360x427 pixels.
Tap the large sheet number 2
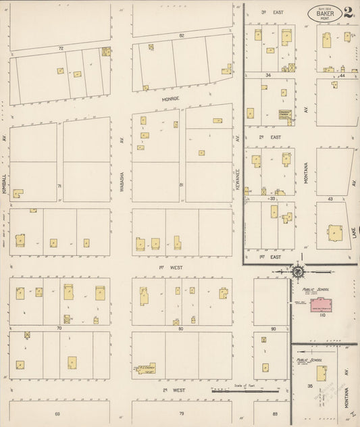point(348,12)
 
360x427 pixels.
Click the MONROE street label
point(170,99)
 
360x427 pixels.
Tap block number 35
point(310,386)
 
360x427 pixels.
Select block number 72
point(61,49)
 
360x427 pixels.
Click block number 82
point(182,35)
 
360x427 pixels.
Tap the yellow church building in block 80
point(146,368)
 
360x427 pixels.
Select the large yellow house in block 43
point(335,233)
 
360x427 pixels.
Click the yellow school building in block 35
point(322,373)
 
